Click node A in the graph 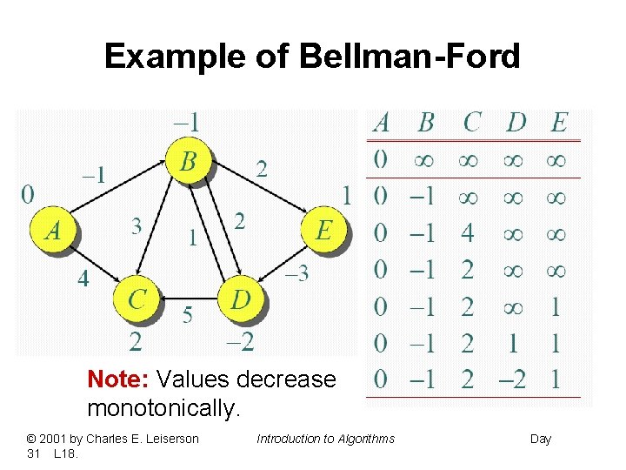tap(53, 231)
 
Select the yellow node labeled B tap(189, 163)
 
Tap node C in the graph tap(137, 299)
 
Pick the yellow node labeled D tap(241, 299)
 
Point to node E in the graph tap(323, 231)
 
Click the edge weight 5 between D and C tap(188, 315)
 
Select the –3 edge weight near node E tap(296, 274)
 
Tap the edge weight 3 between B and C tap(137, 227)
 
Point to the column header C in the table tap(471, 123)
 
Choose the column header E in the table tap(559, 123)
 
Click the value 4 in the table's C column tap(468, 233)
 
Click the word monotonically tap(163, 408)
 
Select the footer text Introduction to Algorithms tap(325, 439)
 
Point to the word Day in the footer tap(541, 439)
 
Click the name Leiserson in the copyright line tap(167, 439)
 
